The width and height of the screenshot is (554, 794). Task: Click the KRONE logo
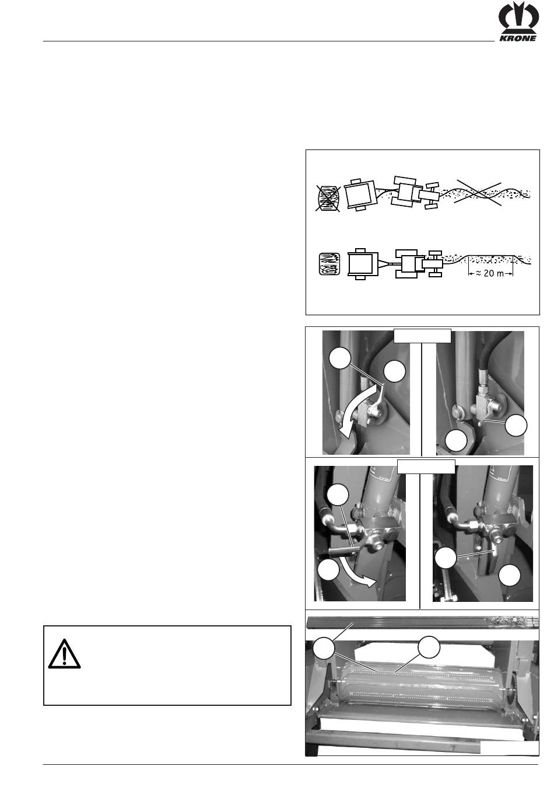point(518,22)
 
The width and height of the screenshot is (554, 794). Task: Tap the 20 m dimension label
point(490,273)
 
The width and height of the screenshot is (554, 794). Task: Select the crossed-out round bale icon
point(328,199)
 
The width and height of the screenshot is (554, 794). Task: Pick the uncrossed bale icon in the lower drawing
point(329,264)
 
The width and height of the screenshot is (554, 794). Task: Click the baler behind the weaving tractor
point(360,194)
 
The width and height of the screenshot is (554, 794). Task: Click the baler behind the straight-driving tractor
point(363,264)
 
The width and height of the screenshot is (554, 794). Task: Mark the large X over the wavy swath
point(478,193)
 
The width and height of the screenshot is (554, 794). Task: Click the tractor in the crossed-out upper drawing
point(415,193)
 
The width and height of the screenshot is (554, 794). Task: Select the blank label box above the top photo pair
point(422,336)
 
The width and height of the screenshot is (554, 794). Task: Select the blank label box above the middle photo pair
point(426,466)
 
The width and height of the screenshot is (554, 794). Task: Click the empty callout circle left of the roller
point(324,647)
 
